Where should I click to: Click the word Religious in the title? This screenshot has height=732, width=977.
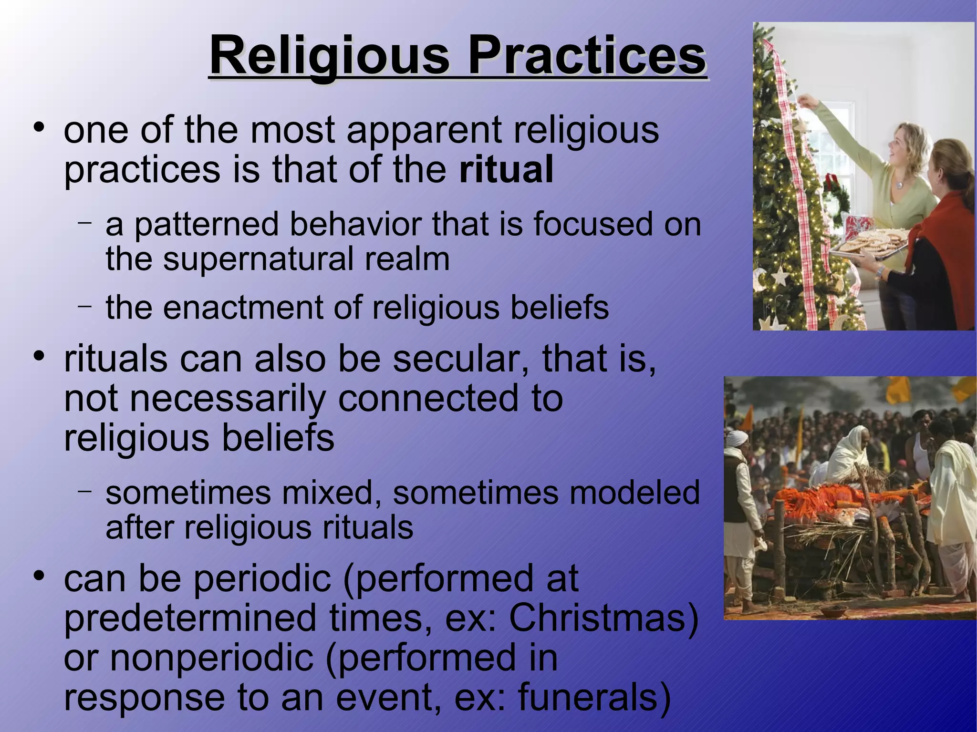point(329,56)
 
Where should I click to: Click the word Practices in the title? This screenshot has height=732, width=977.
point(587,56)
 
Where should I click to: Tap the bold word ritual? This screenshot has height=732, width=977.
point(506,169)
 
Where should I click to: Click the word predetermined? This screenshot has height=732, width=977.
point(190,618)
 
